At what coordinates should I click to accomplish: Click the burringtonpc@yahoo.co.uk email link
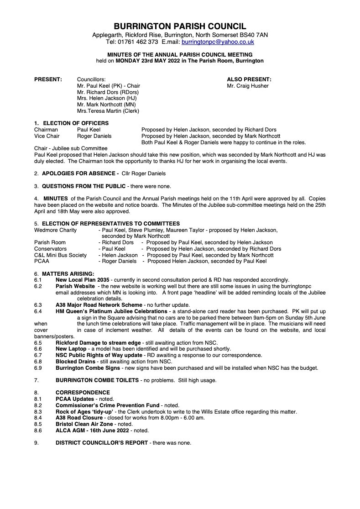point(218,42)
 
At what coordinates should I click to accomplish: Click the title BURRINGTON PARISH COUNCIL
point(180,26)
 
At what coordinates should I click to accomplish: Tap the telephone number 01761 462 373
point(137,42)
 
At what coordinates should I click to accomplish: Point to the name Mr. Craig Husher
point(248,86)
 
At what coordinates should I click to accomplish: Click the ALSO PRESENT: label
point(249,79)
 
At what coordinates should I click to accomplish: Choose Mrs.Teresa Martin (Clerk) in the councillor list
point(108,111)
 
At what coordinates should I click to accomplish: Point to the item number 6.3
point(38,304)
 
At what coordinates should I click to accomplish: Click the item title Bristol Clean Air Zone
point(84,424)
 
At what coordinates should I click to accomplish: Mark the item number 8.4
point(38,417)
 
